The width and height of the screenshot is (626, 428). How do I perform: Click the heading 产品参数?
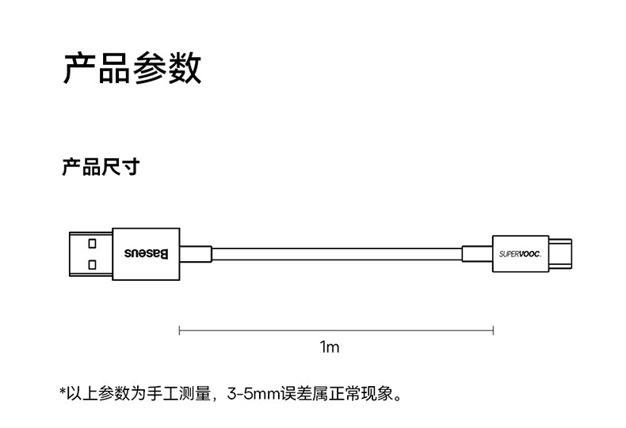click(132, 68)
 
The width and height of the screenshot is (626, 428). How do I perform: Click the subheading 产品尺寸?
click(101, 167)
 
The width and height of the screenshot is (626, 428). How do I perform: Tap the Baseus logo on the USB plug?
click(146, 254)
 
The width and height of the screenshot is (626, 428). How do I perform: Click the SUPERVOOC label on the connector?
click(520, 254)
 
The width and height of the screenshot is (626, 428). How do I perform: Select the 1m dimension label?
click(330, 347)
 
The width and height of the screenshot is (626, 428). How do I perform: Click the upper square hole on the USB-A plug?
click(92, 244)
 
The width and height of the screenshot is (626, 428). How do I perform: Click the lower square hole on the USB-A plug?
click(92, 264)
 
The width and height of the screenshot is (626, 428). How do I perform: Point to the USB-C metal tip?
click(560, 254)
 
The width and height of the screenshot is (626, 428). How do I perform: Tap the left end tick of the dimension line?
click(180, 331)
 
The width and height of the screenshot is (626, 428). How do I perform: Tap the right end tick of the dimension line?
click(494, 331)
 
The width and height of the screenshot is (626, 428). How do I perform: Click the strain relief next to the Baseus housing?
click(196, 254)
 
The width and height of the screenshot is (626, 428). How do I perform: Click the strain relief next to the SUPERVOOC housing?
click(478, 254)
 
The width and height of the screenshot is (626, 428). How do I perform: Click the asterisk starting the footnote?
click(63, 391)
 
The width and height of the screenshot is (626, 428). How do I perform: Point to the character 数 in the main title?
click(185, 68)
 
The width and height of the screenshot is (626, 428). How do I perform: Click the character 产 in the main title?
click(79, 68)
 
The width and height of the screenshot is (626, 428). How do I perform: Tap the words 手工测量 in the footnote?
click(178, 394)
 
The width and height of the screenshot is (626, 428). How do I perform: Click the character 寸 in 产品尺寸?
click(132, 167)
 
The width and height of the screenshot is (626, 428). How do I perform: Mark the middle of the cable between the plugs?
click(337, 254)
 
